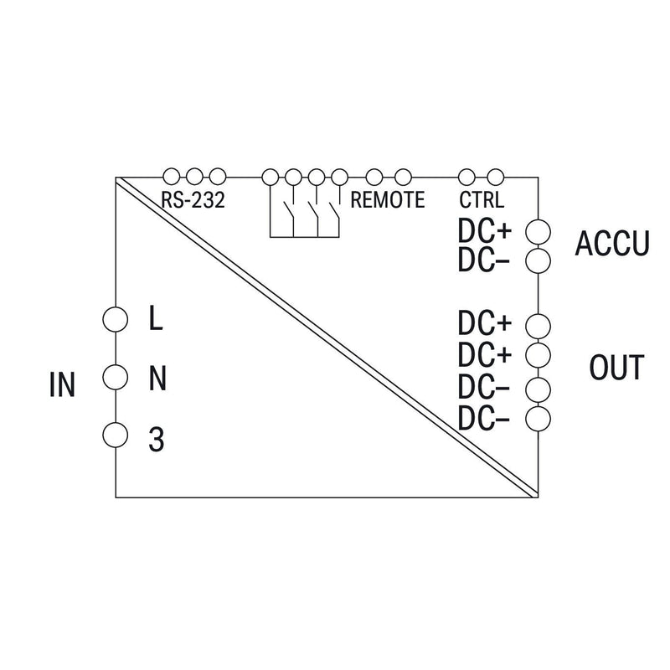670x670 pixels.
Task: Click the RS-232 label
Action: tap(193, 200)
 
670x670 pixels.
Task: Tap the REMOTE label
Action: tap(388, 200)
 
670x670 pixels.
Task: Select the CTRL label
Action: tap(482, 200)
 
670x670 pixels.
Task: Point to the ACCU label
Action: tap(612, 244)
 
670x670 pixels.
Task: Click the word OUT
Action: tap(616, 367)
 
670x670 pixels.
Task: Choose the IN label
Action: tap(62, 384)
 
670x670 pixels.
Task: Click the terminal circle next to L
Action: tap(116, 319)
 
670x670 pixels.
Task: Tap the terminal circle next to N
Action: tap(116, 377)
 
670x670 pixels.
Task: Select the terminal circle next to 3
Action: tap(116, 435)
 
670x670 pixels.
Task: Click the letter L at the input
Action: tap(156, 319)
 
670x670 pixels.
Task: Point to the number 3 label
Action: tap(157, 440)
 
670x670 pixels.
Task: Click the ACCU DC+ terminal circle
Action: tap(538, 233)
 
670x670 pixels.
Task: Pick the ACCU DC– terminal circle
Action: tap(538, 261)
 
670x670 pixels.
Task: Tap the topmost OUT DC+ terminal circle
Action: tap(538, 327)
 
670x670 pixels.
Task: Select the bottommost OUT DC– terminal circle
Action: tap(538, 419)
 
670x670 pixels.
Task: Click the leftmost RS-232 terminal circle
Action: tap(172, 176)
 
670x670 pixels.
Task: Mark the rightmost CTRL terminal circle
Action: tap(496, 177)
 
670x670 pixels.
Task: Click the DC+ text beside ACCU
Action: tap(485, 231)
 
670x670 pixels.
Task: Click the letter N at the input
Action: tap(157, 379)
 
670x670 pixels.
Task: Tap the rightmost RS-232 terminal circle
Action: tap(218, 176)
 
